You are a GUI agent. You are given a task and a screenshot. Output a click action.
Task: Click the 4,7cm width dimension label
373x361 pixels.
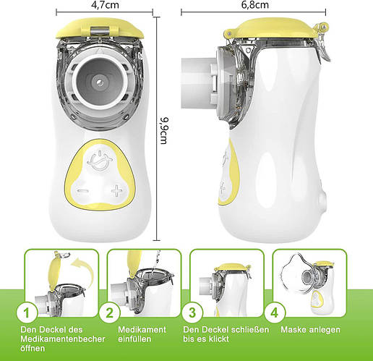(x=105, y=4)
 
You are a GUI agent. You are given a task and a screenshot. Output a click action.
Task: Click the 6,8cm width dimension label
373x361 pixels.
(x=255, y=4)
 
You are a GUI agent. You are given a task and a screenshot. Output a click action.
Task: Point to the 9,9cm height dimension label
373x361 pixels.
(x=164, y=131)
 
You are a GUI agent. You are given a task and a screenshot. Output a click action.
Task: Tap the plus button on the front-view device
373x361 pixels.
(x=117, y=191)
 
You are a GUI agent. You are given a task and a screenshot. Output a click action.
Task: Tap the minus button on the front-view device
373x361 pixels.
(x=83, y=191)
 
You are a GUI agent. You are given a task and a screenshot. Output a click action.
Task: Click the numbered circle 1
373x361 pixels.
(x=27, y=313)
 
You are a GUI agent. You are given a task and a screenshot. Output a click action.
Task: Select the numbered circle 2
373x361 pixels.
(x=109, y=313)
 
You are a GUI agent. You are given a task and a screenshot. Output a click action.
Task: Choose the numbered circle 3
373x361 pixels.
(x=192, y=313)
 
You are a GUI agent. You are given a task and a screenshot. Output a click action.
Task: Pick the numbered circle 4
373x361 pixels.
(x=275, y=313)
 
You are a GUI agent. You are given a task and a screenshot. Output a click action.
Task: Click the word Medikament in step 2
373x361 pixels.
(x=142, y=330)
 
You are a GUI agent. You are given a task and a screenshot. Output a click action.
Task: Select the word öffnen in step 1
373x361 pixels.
(x=33, y=348)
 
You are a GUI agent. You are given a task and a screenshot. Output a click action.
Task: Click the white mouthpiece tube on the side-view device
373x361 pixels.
(x=197, y=82)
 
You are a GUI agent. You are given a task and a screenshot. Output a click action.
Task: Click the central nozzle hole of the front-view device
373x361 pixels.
(x=99, y=82)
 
